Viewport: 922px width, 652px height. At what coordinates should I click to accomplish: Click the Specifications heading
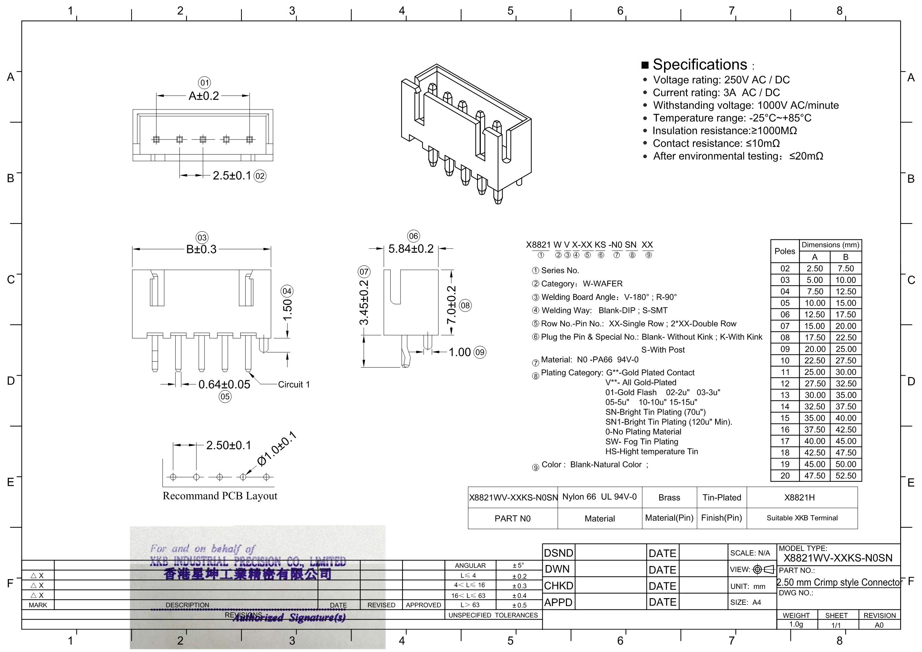point(700,64)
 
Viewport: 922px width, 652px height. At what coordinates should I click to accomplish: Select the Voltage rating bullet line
point(721,80)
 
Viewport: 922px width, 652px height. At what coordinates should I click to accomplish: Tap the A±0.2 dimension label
point(204,96)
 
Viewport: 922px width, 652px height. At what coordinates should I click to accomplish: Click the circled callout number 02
point(260,176)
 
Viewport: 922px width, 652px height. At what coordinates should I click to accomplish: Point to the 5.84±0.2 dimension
point(411,249)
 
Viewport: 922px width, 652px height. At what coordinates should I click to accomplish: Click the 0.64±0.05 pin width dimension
point(224,384)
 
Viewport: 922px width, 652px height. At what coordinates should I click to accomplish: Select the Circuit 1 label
point(294,384)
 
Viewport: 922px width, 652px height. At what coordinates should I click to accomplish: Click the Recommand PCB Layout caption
point(220,496)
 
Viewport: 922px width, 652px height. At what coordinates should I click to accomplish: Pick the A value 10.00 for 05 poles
point(814,303)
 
